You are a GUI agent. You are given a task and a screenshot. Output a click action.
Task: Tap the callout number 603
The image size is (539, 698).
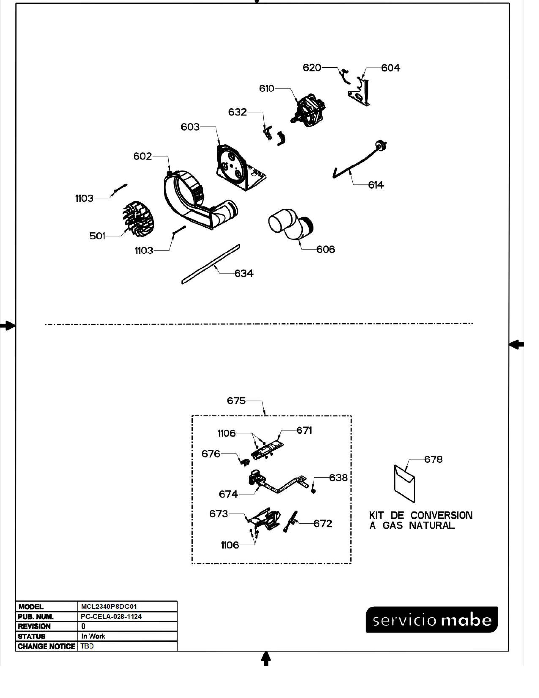coord(190,127)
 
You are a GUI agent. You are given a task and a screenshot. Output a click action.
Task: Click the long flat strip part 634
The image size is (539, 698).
coord(211,264)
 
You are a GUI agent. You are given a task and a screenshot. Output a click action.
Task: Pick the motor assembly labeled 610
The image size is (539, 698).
coord(308,110)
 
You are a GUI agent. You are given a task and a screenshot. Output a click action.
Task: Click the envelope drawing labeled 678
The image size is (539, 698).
coord(404,484)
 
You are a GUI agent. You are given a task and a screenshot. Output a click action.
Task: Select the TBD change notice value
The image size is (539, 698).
coord(87,646)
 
